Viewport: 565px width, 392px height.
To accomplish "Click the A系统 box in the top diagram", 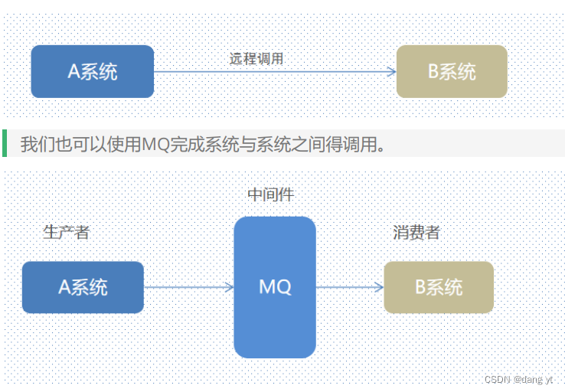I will (92, 71).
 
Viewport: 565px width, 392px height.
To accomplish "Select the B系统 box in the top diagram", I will (452, 71).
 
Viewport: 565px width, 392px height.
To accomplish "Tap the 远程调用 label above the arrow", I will (256, 58).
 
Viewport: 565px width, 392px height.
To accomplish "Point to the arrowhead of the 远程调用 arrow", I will (392, 72).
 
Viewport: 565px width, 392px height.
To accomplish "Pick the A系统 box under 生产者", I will (83, 287).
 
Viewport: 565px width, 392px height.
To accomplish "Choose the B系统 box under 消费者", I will (439, 287).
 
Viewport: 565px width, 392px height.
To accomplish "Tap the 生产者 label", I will (67, 232).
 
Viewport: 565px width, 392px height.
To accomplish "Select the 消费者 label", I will (416, 232).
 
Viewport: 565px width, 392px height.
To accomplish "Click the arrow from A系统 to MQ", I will (188, 287).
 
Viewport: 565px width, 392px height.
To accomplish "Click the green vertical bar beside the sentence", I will (5, 143).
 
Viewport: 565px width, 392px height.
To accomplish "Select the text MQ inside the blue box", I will (275, 287).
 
